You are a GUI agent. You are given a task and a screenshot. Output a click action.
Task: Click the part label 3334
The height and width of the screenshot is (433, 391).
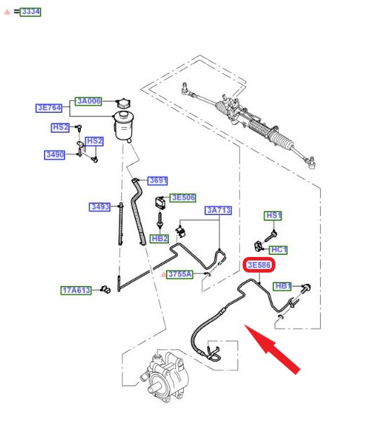click(x=31, y=12)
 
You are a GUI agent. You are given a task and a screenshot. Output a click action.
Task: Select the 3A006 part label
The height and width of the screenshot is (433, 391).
click(x=89, y=101)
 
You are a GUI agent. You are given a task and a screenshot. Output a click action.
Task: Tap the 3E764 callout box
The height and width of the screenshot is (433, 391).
click(x=49, y=108)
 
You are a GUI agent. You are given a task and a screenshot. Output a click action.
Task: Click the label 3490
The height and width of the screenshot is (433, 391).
click(x=55, y=155)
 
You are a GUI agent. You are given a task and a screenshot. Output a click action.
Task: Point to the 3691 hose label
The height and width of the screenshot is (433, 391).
click(x=158, y=180)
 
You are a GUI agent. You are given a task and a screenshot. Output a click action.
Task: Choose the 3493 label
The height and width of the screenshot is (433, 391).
click(x=99, y=207)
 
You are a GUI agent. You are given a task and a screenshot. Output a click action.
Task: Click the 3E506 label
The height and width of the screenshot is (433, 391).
click(x=183, y=198)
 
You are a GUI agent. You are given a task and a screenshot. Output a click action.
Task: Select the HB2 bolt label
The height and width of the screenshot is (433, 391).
click(x=160, y=239)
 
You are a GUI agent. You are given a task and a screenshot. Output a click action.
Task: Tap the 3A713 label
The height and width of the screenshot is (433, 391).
click(x=218, y=210)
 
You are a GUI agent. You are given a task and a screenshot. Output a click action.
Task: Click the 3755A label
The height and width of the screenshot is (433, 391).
click(x=180, y=274)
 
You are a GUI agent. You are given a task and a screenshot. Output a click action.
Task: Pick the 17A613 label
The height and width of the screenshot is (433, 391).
click(x=76, y=290)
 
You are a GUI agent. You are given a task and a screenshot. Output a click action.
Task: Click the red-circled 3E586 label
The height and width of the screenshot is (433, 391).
click(x=259, y=265)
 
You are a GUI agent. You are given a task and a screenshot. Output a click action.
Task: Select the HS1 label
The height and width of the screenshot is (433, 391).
click(x=273, y=216)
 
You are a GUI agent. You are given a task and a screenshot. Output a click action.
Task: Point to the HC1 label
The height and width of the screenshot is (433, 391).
click(x=278, y=250)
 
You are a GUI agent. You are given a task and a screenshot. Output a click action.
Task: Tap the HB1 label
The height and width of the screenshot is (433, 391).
click(x=282, y=286)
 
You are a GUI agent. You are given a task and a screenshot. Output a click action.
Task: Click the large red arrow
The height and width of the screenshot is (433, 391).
click(x=272, y=349)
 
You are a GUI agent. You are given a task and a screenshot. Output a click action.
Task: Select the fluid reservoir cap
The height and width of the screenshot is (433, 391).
click(x=123, y=103)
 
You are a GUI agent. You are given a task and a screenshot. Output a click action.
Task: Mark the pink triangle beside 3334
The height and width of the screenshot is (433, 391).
click(x=7, y=12)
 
